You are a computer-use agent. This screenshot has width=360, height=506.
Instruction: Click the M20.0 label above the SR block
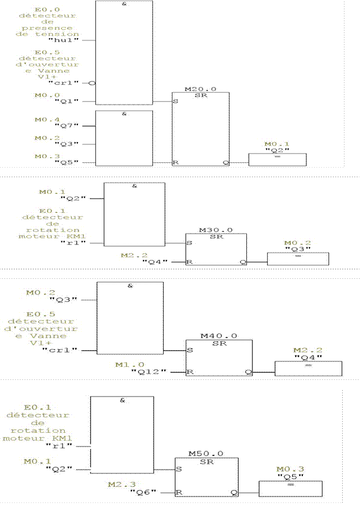pyautogui.click(x=200, y=89)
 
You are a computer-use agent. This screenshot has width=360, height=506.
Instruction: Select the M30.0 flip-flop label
pyautogui.click(x=214, y=230)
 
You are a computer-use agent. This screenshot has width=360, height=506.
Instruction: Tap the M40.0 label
pyautogui.click(x=218, y=335)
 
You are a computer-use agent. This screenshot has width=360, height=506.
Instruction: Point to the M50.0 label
pyautogui.click(x=206, y=453)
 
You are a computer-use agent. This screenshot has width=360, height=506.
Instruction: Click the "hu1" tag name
pyautogui.click(x=67, y=40)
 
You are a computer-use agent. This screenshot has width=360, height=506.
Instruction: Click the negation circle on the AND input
pyautogui.click(x=92, y=83)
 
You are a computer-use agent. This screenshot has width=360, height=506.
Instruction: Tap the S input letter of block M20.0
pyautogui.click(x=176, y=101)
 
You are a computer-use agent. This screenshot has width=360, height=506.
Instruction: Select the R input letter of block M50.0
pyautogui.click(x=179, y=492)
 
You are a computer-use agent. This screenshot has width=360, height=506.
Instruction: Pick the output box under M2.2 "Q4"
pyautogui.click(x=308, y=368)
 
